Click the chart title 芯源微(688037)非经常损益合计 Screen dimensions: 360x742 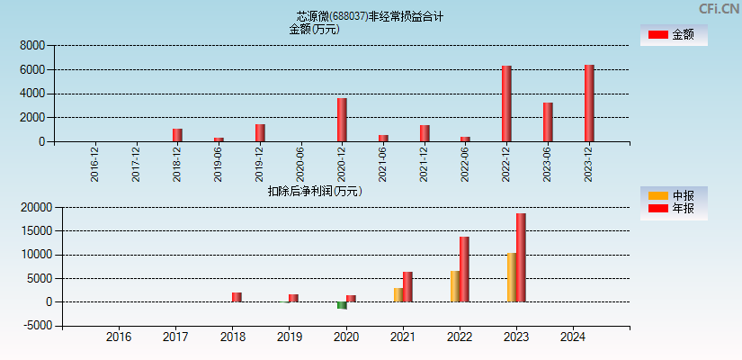coord(370,16)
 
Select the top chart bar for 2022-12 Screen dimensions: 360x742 coord(506,103)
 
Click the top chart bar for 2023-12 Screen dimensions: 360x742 coord(589,103)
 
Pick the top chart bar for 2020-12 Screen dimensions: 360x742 coord(342,120)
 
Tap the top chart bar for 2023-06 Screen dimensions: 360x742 coord(548,121)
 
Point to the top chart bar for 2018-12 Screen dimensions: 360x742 coord(177,135)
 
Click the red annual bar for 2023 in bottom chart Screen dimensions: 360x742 coord(521,257)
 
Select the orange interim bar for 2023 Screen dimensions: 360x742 coord(511,277)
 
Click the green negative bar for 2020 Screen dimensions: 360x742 coord(342,305)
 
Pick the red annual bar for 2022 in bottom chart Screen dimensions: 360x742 coord(464,269)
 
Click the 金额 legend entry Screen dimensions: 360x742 coord(674,34)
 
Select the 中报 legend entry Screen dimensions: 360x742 coord(674,195)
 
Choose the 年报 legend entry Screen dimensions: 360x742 coord(674,209)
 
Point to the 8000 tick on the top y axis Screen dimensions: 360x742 coord(32,45)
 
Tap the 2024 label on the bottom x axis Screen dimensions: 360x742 coord(572,337)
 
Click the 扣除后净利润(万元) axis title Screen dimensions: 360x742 coord(315,191)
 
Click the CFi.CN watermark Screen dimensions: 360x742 coord(719,8)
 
